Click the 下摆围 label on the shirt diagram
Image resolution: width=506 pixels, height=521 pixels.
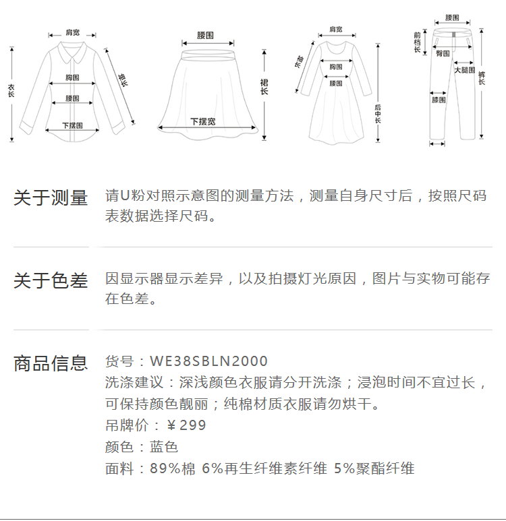pyautogui.click(x=72, y=125)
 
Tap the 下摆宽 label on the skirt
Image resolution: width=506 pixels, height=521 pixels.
pyautogui.click(x=202, y=121)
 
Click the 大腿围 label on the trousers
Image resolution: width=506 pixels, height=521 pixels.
pyautogui.click(x=464, y=70)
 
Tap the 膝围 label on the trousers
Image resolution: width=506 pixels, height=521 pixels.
pyautogui.click(x=439, y=100)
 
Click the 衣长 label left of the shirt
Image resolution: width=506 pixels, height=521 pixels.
pyautogui.click(x=11, y=91)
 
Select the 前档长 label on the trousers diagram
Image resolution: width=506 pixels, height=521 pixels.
pyautogui.click(x=417, y=42)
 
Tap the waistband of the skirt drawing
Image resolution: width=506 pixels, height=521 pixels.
pyautogui.click(x=206, y=45)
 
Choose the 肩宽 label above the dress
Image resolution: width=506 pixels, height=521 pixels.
pyautogui.click(x=335, y=30)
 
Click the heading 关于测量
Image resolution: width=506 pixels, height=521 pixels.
pyautogui.click(x=51, y=198)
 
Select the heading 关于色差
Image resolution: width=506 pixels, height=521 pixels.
pyautogui.click(x=51, y=280)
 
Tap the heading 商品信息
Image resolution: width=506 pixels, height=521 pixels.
pyautogui.click(x=51, y=363)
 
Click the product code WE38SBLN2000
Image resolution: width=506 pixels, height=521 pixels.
pyautogui.click(x=208, y=361)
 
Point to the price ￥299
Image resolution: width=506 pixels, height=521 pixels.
pyautogui.click(x=186, y=425)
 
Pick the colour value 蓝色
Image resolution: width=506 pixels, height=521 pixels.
pyautogui.click(x=163, y=447)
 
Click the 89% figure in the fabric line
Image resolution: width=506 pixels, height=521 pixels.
pyautogui.click(x=165, y=468)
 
